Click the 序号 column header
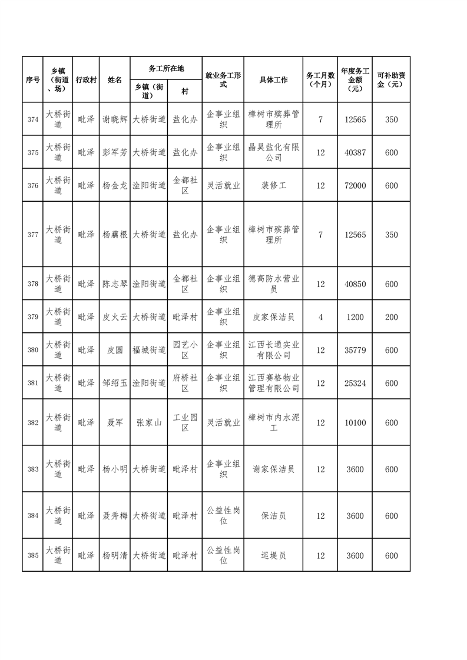[33, 80]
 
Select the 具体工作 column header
[273, 80]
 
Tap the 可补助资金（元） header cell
[391, 80]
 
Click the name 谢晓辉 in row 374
[115, 119]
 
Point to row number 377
[33, 235]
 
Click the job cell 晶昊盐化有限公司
[273, 152]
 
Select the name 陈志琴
[115, 284]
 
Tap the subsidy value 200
[391, 317]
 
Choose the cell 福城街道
[149, 350]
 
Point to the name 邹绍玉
[115, 383]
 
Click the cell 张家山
[149, 422]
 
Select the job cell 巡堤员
[273, 555]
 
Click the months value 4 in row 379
[320, 317]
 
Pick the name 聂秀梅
[115, 516]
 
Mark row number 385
[33, 555]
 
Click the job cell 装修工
[273, 185]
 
